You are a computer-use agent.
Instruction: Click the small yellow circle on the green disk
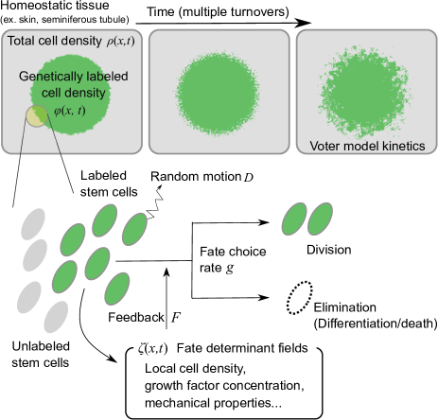37,115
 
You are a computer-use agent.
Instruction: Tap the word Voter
326,146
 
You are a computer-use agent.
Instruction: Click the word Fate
189,348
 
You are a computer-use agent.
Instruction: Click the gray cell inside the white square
33,223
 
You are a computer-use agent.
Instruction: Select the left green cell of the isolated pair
295,219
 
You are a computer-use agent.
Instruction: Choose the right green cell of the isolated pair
321,219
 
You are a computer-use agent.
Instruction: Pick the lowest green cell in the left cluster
116,288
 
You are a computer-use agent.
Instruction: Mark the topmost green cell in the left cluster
104,221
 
